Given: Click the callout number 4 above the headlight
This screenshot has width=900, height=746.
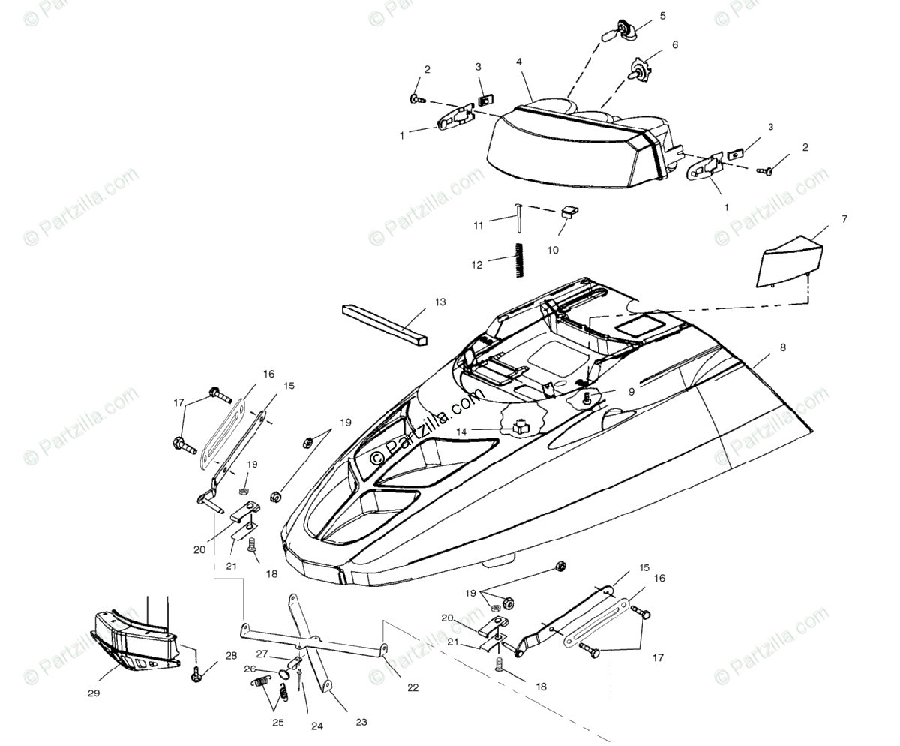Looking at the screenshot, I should pyautogui.click(x=519, y=62).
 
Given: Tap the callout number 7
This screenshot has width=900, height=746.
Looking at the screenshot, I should pyautogui.click(x=844, y=219).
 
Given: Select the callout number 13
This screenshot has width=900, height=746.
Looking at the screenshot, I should pyautogui.click(x=439, y=302).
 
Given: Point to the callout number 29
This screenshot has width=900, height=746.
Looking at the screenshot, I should pyautogui.click(x=94, y=693).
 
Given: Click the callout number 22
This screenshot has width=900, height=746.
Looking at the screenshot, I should pyautogui.click(x=413, y=687).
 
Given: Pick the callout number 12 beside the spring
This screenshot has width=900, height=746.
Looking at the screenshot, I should pyautogui.click(x=477, y=264).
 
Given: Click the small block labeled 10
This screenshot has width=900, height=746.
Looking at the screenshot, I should pyautogui.click(x=568, y=211).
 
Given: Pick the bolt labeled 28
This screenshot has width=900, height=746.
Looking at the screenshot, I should pyautogui.click(x=197, y=675).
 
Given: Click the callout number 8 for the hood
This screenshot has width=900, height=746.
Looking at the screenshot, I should pyautogui.click(x=782, y=347).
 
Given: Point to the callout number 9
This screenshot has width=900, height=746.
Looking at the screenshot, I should pyautogui.click(x=631, y=391).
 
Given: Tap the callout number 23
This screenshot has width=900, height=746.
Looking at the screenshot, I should pyautogui.click(x=361, y=723).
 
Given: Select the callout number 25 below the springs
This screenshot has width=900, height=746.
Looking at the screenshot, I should pyautogui.click(x=278, y=723).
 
